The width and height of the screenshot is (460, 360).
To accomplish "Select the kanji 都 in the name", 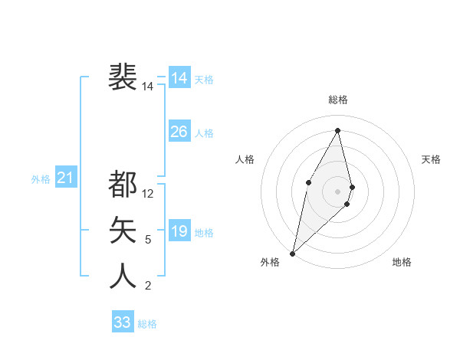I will [x=123, y=184].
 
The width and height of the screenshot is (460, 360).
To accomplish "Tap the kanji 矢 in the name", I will [x=123, y=230].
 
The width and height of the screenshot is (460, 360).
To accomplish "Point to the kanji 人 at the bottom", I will [x=123, y=276].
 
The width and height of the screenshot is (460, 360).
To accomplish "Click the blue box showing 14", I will [x=179, y=78].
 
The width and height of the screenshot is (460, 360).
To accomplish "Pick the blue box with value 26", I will [x=179, y=132].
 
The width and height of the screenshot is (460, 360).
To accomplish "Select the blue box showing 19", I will [x=179, y=231].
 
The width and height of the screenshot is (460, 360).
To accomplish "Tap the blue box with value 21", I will [x=65, y=178].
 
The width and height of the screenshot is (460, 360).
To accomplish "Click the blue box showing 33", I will [x=122, y=322].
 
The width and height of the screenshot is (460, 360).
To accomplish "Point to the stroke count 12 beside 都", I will [x=148, y=194].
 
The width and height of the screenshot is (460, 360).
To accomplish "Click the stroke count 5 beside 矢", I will [x=148, y=240].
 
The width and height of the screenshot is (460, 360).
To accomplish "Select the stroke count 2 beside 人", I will [x=148, y=286].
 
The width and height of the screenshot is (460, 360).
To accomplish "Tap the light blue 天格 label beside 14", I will [x=204, y=79].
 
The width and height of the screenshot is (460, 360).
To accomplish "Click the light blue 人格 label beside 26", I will [x=204, y=133].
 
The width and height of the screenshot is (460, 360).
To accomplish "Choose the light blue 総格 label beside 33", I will [x=147, y=324].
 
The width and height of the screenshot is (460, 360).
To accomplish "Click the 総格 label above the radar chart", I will [x=338, y=100].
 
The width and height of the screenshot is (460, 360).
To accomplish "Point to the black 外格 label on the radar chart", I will [x=270, y=262].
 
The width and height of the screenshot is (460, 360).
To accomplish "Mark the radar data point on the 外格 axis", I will [x=292, y=253].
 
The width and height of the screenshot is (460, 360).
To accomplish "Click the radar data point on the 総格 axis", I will [x=338, y=130].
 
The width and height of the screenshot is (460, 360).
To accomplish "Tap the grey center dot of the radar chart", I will [x=338, y=191].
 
